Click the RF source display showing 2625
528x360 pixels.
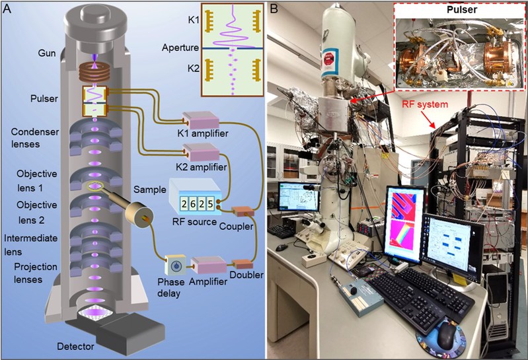pyautogui.click(x=191, y=205)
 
